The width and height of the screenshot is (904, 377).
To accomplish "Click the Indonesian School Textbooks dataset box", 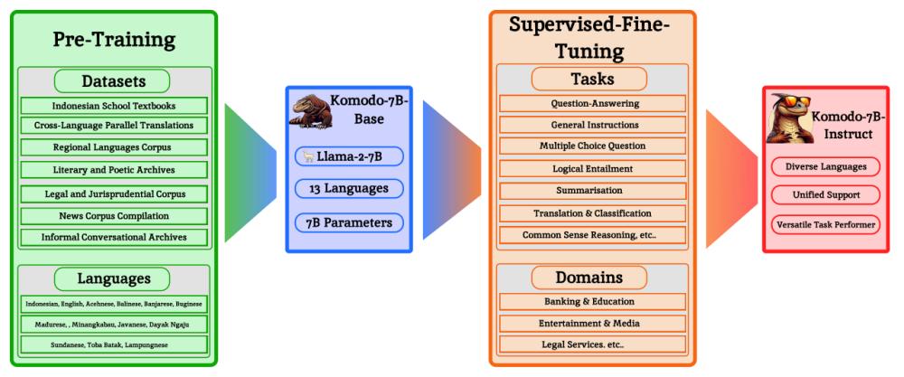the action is coord(114,106).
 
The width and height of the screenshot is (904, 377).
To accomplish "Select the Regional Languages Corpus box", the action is coord(114,147).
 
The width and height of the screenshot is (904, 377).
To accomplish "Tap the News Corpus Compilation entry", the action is coord(114,216).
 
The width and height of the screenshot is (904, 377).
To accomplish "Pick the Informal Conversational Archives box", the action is coord(114,237).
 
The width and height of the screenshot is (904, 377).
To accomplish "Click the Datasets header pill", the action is coord(112,81).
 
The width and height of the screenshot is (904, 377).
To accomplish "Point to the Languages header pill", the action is coord(112,279).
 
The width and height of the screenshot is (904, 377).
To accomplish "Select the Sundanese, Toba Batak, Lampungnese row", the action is coord(114,344).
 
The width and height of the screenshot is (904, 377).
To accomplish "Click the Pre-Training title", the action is coord(114,40).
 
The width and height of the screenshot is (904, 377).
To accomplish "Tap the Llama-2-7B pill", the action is coord(349,156).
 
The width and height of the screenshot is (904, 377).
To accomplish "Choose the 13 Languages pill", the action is coord(349,188).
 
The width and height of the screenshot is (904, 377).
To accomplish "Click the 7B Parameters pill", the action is coord(349,222).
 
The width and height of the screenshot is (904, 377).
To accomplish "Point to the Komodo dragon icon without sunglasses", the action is coord(310,110).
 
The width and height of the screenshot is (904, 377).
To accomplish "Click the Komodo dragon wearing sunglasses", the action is coord(788,118).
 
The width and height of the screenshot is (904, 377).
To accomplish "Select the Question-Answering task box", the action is coord(592,104).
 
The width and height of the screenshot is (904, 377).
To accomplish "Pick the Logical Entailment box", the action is coord(592,169).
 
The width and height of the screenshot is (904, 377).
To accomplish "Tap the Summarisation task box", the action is coord(592,191).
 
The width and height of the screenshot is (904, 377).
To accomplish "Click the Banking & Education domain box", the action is coord(592,301).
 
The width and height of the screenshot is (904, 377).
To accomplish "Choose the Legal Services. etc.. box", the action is coord(592,344).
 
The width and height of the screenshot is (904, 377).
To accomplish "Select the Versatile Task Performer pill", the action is coord(825,224).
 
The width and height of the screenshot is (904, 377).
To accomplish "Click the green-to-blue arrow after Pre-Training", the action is coord(250,173).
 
